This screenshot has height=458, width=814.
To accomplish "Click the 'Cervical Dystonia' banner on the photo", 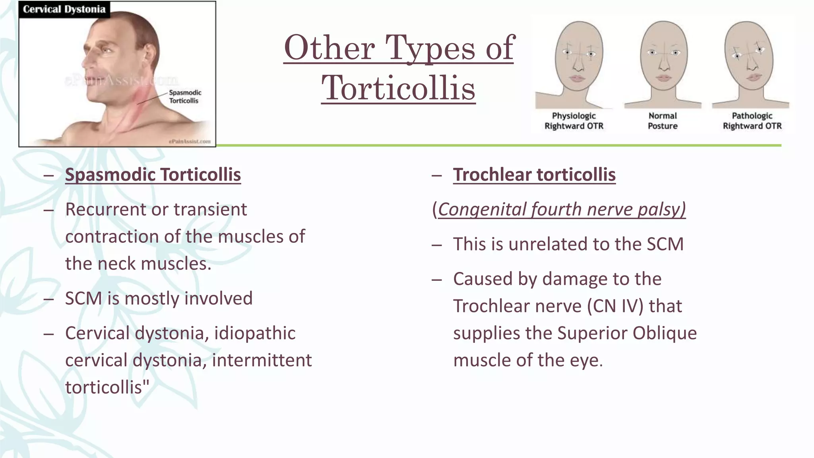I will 64,9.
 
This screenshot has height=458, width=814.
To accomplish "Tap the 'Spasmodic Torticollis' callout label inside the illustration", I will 185,97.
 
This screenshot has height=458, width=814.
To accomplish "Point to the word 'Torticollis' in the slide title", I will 398,88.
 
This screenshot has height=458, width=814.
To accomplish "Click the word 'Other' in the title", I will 329,48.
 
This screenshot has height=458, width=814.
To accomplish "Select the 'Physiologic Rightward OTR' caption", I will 574,121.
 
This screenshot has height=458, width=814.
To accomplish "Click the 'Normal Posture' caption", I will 663,121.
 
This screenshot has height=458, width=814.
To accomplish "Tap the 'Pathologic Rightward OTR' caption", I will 752,121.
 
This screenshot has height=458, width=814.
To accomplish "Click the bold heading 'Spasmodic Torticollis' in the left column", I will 153,175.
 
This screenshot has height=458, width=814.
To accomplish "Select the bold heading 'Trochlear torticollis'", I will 534,175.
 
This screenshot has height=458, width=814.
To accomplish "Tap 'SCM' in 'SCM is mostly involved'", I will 83,299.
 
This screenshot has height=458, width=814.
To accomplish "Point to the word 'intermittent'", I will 262,360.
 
